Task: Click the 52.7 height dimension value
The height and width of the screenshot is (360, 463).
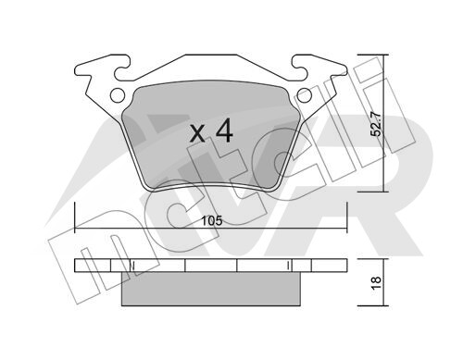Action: (377, 124)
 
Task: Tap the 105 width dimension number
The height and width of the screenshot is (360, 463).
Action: (212, 221)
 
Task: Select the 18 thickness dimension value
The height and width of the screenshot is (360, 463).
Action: (377, 282)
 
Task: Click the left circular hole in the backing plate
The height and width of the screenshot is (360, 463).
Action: (118, 95)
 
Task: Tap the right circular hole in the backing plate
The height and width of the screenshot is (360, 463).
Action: (305, 95)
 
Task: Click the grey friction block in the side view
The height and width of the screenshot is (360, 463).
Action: (211, 289)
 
